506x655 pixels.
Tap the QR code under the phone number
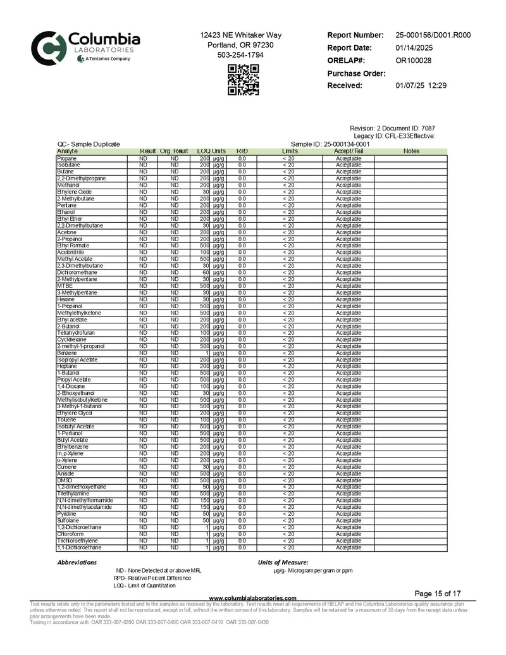pyautogui.click(x=244, y=80)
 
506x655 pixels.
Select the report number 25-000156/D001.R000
pyautogui.click(x=433, y=35)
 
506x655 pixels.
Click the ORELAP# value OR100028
pyautogui.click(x=414, y=61)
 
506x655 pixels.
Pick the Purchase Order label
pyautogui.click(x=357, y=73)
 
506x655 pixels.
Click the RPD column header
pyautogui.click(x=242, y=151)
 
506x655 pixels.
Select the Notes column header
pyautogui.click(x=411, y=151)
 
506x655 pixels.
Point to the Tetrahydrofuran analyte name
pyautogui.click(x=76, y=333)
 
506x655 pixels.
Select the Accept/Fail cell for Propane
pyautogui.click(x=349, y=158)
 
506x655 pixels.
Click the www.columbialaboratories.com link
pyautogui.click(x=253, y=598)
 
